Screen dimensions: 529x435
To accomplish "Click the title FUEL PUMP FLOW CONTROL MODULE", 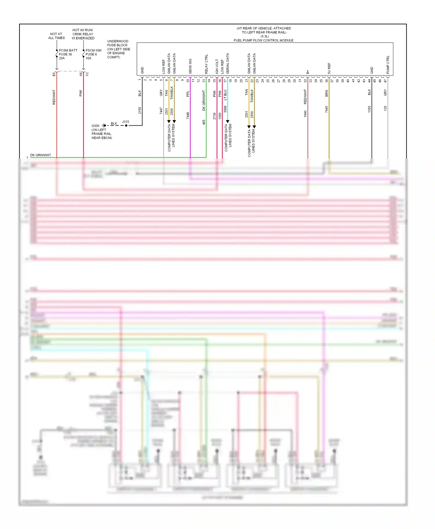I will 263,40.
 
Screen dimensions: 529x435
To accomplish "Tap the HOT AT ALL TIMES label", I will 56,36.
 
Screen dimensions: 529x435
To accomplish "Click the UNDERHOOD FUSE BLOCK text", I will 117,43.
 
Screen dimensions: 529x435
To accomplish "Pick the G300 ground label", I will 95,126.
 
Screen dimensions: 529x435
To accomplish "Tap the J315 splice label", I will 126,122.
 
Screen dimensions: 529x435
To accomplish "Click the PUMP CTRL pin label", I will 388,65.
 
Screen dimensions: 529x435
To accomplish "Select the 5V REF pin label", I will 329,68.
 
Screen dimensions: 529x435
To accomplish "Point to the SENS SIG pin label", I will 190,66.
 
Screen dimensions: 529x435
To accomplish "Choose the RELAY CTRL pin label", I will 206,64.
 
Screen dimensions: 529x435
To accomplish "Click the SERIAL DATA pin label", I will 228,63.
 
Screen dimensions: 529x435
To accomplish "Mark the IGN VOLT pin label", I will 217,66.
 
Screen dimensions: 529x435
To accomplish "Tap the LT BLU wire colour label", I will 225,95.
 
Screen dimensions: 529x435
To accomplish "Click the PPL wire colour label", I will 188,94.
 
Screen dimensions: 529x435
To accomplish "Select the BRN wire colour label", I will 327,93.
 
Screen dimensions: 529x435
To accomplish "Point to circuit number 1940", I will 305,114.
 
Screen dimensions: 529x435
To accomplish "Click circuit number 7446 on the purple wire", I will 188,116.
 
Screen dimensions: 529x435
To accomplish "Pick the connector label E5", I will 54,75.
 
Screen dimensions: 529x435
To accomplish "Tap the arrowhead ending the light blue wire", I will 228,121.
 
